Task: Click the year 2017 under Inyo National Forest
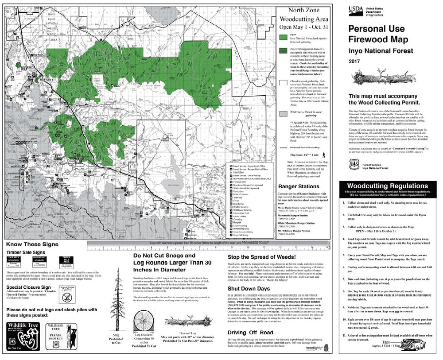point(355,61)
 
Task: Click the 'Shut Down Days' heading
point(249,288)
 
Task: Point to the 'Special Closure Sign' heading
point(26,287)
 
